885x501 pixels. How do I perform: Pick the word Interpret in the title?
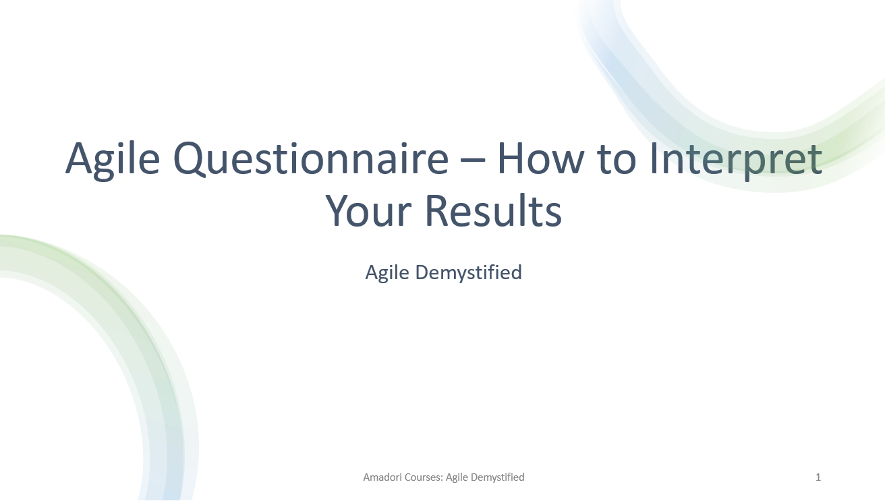735,159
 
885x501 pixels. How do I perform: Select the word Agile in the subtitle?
387,272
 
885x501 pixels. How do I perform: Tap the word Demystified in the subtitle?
469,272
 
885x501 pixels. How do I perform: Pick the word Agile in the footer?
457,477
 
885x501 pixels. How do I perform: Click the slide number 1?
818,477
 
